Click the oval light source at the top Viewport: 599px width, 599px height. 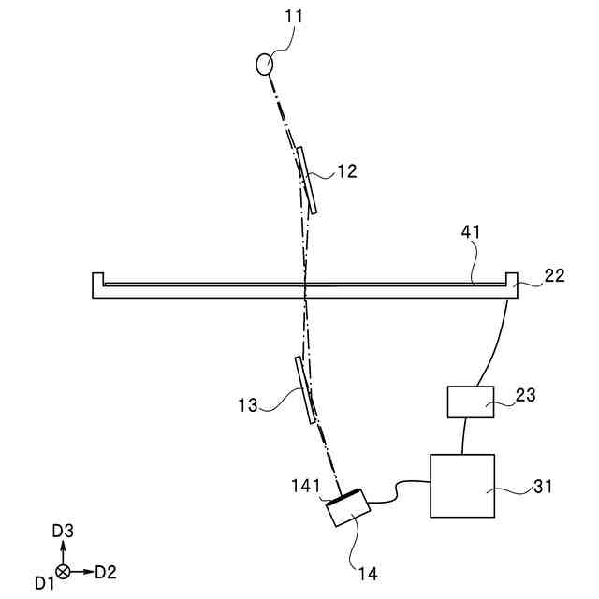click(x=266, y=64)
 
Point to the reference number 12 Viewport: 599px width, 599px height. click(x=346, y=171)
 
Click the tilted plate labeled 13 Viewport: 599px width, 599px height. click(x=303, y=388)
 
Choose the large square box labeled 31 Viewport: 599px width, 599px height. click(x=461, y=485)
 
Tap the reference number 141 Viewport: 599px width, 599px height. click(x=307, y=486)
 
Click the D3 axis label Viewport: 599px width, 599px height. click(x=62, y=531)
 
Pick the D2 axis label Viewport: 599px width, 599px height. click(x=106, y=571)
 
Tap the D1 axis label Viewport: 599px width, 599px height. click(x=44, y=583)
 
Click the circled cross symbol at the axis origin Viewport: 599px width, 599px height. click(x=63, y=571)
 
